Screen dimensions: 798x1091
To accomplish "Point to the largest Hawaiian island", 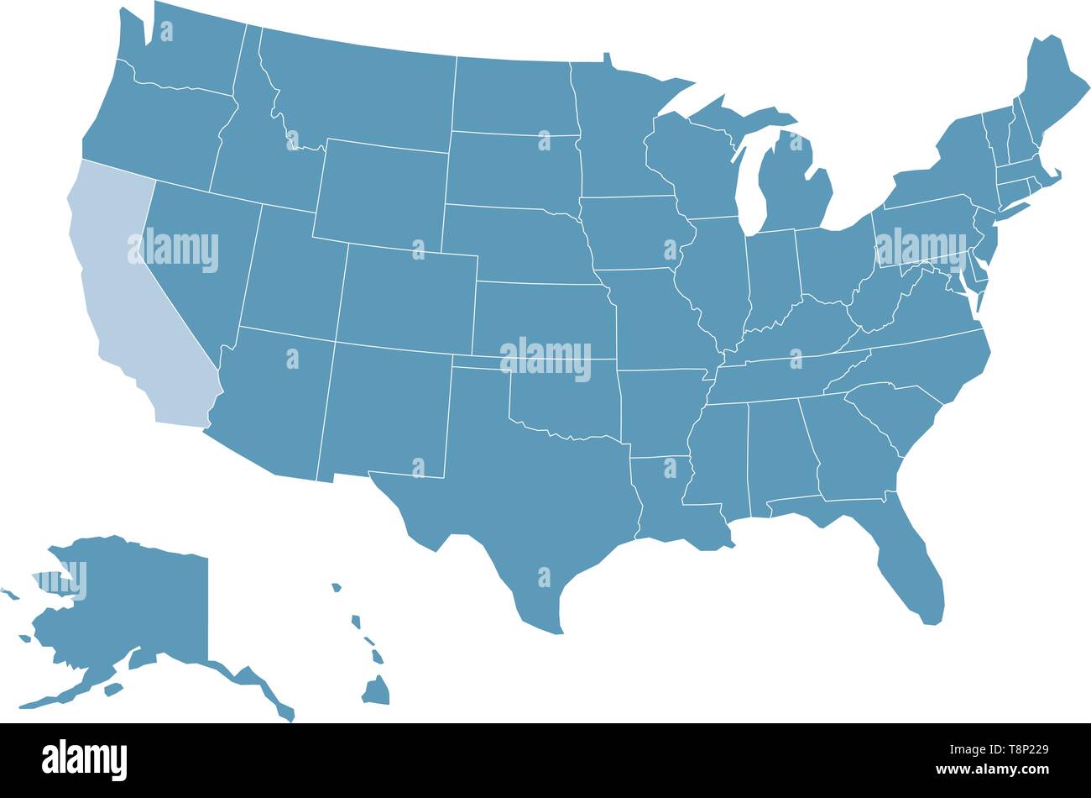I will (x=376, y=691).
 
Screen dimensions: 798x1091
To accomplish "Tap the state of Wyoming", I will (x=382, y=193).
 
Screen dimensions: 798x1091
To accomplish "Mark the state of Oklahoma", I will (x=571, y=403).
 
